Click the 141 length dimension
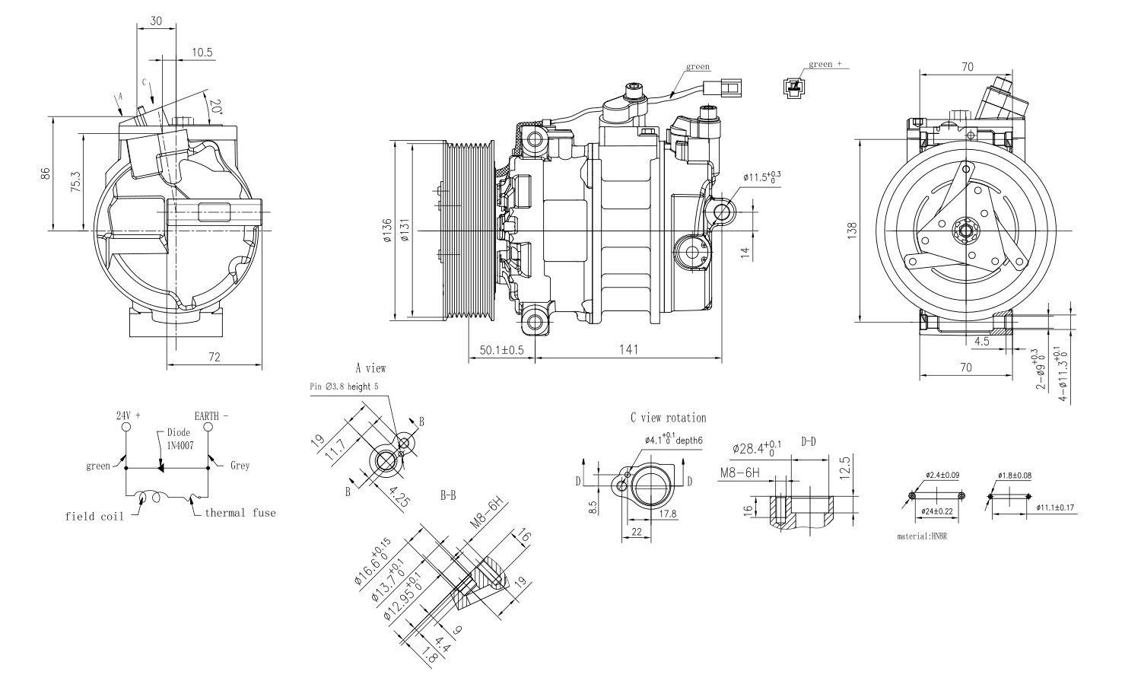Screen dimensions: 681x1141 628,349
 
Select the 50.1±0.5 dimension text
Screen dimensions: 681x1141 501,350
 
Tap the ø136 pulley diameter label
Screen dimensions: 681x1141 387,230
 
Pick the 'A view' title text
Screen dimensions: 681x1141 370,368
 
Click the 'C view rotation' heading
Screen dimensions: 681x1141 668,418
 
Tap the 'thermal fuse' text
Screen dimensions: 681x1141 240,513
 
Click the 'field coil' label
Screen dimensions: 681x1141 94,517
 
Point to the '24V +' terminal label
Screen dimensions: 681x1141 128,416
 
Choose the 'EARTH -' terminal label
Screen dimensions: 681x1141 211,416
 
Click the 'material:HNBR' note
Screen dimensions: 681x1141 922,536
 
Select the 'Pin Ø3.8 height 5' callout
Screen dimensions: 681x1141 344,387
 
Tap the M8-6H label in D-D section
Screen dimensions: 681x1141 740,473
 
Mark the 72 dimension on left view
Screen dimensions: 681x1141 214,356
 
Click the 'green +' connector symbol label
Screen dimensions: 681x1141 825,64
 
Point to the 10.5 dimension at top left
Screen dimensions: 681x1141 202,53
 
